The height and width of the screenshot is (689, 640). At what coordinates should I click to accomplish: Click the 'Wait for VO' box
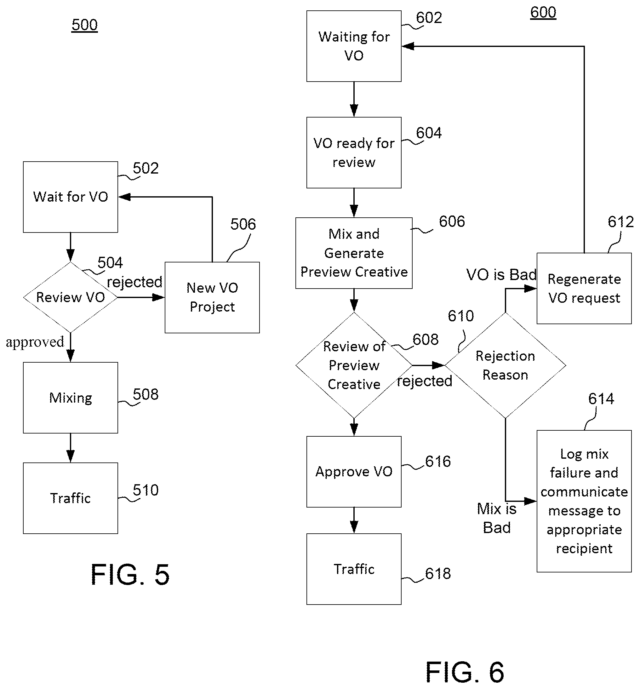pyautogui.click(x=70, y=197)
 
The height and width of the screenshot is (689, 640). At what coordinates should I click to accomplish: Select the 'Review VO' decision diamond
pyautogui.click(x=70, y=297)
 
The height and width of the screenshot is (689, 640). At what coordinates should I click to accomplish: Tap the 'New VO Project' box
pyautogui.click(x=212, y=297)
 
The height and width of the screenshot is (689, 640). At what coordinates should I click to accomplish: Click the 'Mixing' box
pyautogui.click(x=70, y=398)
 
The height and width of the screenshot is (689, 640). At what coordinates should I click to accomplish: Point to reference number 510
pyautogui.click(x=146, y=490)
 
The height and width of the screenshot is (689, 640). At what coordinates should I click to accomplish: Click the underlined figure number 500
pyautogui.click(x=84, y=25)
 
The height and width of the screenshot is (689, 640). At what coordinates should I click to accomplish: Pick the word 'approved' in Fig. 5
pyautogui.click(x=35, y=342)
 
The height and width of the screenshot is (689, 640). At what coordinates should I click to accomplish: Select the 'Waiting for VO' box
pyautogui.click(x=354, y=46)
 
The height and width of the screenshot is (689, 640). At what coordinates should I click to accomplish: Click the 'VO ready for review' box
pyautogui.click(x=354, y=152)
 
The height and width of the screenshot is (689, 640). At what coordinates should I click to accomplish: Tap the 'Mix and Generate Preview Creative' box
pyautogui.click(x=354, y=253)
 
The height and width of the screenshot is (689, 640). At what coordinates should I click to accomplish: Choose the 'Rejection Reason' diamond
pyautogui.click(x=505, y=365)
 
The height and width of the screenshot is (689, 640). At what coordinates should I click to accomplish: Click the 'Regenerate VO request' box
pyautogui.click(x=584, y=288)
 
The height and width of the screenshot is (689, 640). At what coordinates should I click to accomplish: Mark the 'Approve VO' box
pyautogui.click(x=354, y=471)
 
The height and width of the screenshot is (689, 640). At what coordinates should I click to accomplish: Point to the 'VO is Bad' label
pyautogui.click(x=501, y=275)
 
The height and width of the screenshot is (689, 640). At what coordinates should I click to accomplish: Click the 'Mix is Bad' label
pyautogui.click(x=497, y=518)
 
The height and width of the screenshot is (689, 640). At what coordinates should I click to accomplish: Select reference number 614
pyautogui.click(x=601, y=399)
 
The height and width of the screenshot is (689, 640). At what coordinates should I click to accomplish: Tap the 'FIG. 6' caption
pyautogui.click(x=465, y=672)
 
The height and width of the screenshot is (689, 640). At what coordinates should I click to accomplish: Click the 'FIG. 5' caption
pyautogui.click(x=130, y=575)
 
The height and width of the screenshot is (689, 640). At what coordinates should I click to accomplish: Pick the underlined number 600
pyautogui.click(x=543, y=13)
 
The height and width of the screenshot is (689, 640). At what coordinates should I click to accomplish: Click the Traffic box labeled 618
pyautogui.click(x=354, y=569)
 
